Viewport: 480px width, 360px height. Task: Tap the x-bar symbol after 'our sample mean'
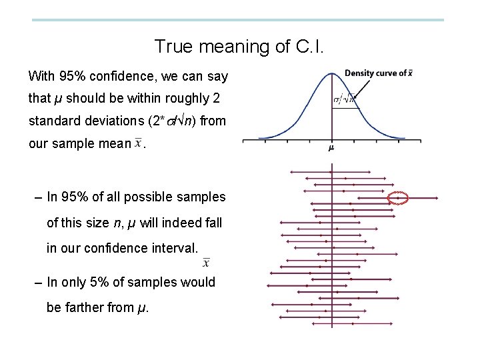(138, 143)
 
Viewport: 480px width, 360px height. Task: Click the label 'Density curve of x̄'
(377, 73)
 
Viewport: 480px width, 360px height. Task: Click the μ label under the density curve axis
(331, 148)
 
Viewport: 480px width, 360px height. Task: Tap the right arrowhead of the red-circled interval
(437, 198)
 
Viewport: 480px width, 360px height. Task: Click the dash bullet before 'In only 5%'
(38, 281)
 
